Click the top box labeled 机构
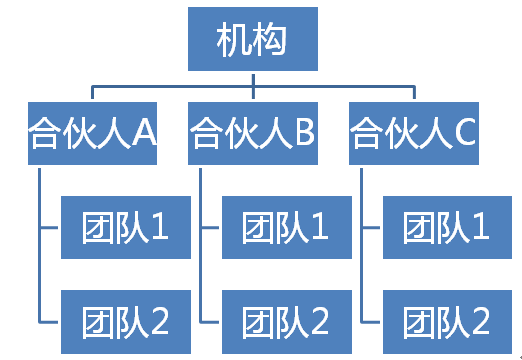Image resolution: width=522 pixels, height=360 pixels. pyautogui.click(x=253, y=40)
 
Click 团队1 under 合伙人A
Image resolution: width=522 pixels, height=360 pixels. pyautogui.click(x=125, y=228)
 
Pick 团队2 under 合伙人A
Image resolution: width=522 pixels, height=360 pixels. pyautogui.click(x=125, y=322)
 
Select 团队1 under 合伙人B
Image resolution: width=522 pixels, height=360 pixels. pyautogui.click(x=286, y=228)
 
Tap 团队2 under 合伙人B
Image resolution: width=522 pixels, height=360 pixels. pyautogui.click(x=286, y=322)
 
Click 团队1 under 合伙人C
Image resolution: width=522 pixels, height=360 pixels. pyautogui.click(x=447, y=228)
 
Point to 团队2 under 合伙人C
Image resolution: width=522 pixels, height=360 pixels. pyautogui.click(x=447, y=322)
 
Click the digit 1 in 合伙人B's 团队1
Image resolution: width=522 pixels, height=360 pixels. pyautogui.click(x=320, y=228)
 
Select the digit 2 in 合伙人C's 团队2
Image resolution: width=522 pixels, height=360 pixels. pyautogui.click(x=480, y=322)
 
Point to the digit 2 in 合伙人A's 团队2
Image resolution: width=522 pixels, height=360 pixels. pyautogui.click(x=159, y=322)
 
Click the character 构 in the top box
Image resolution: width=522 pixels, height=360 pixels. pyautogui.click(x=271, y=40)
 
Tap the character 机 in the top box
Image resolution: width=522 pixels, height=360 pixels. pyautogui.click(x=234, y=40)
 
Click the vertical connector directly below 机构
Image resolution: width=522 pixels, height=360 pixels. pyautogui.click(x=253, y=80)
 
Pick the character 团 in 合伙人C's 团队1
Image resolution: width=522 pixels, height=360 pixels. pyautogui.click(x=419, y=228)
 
